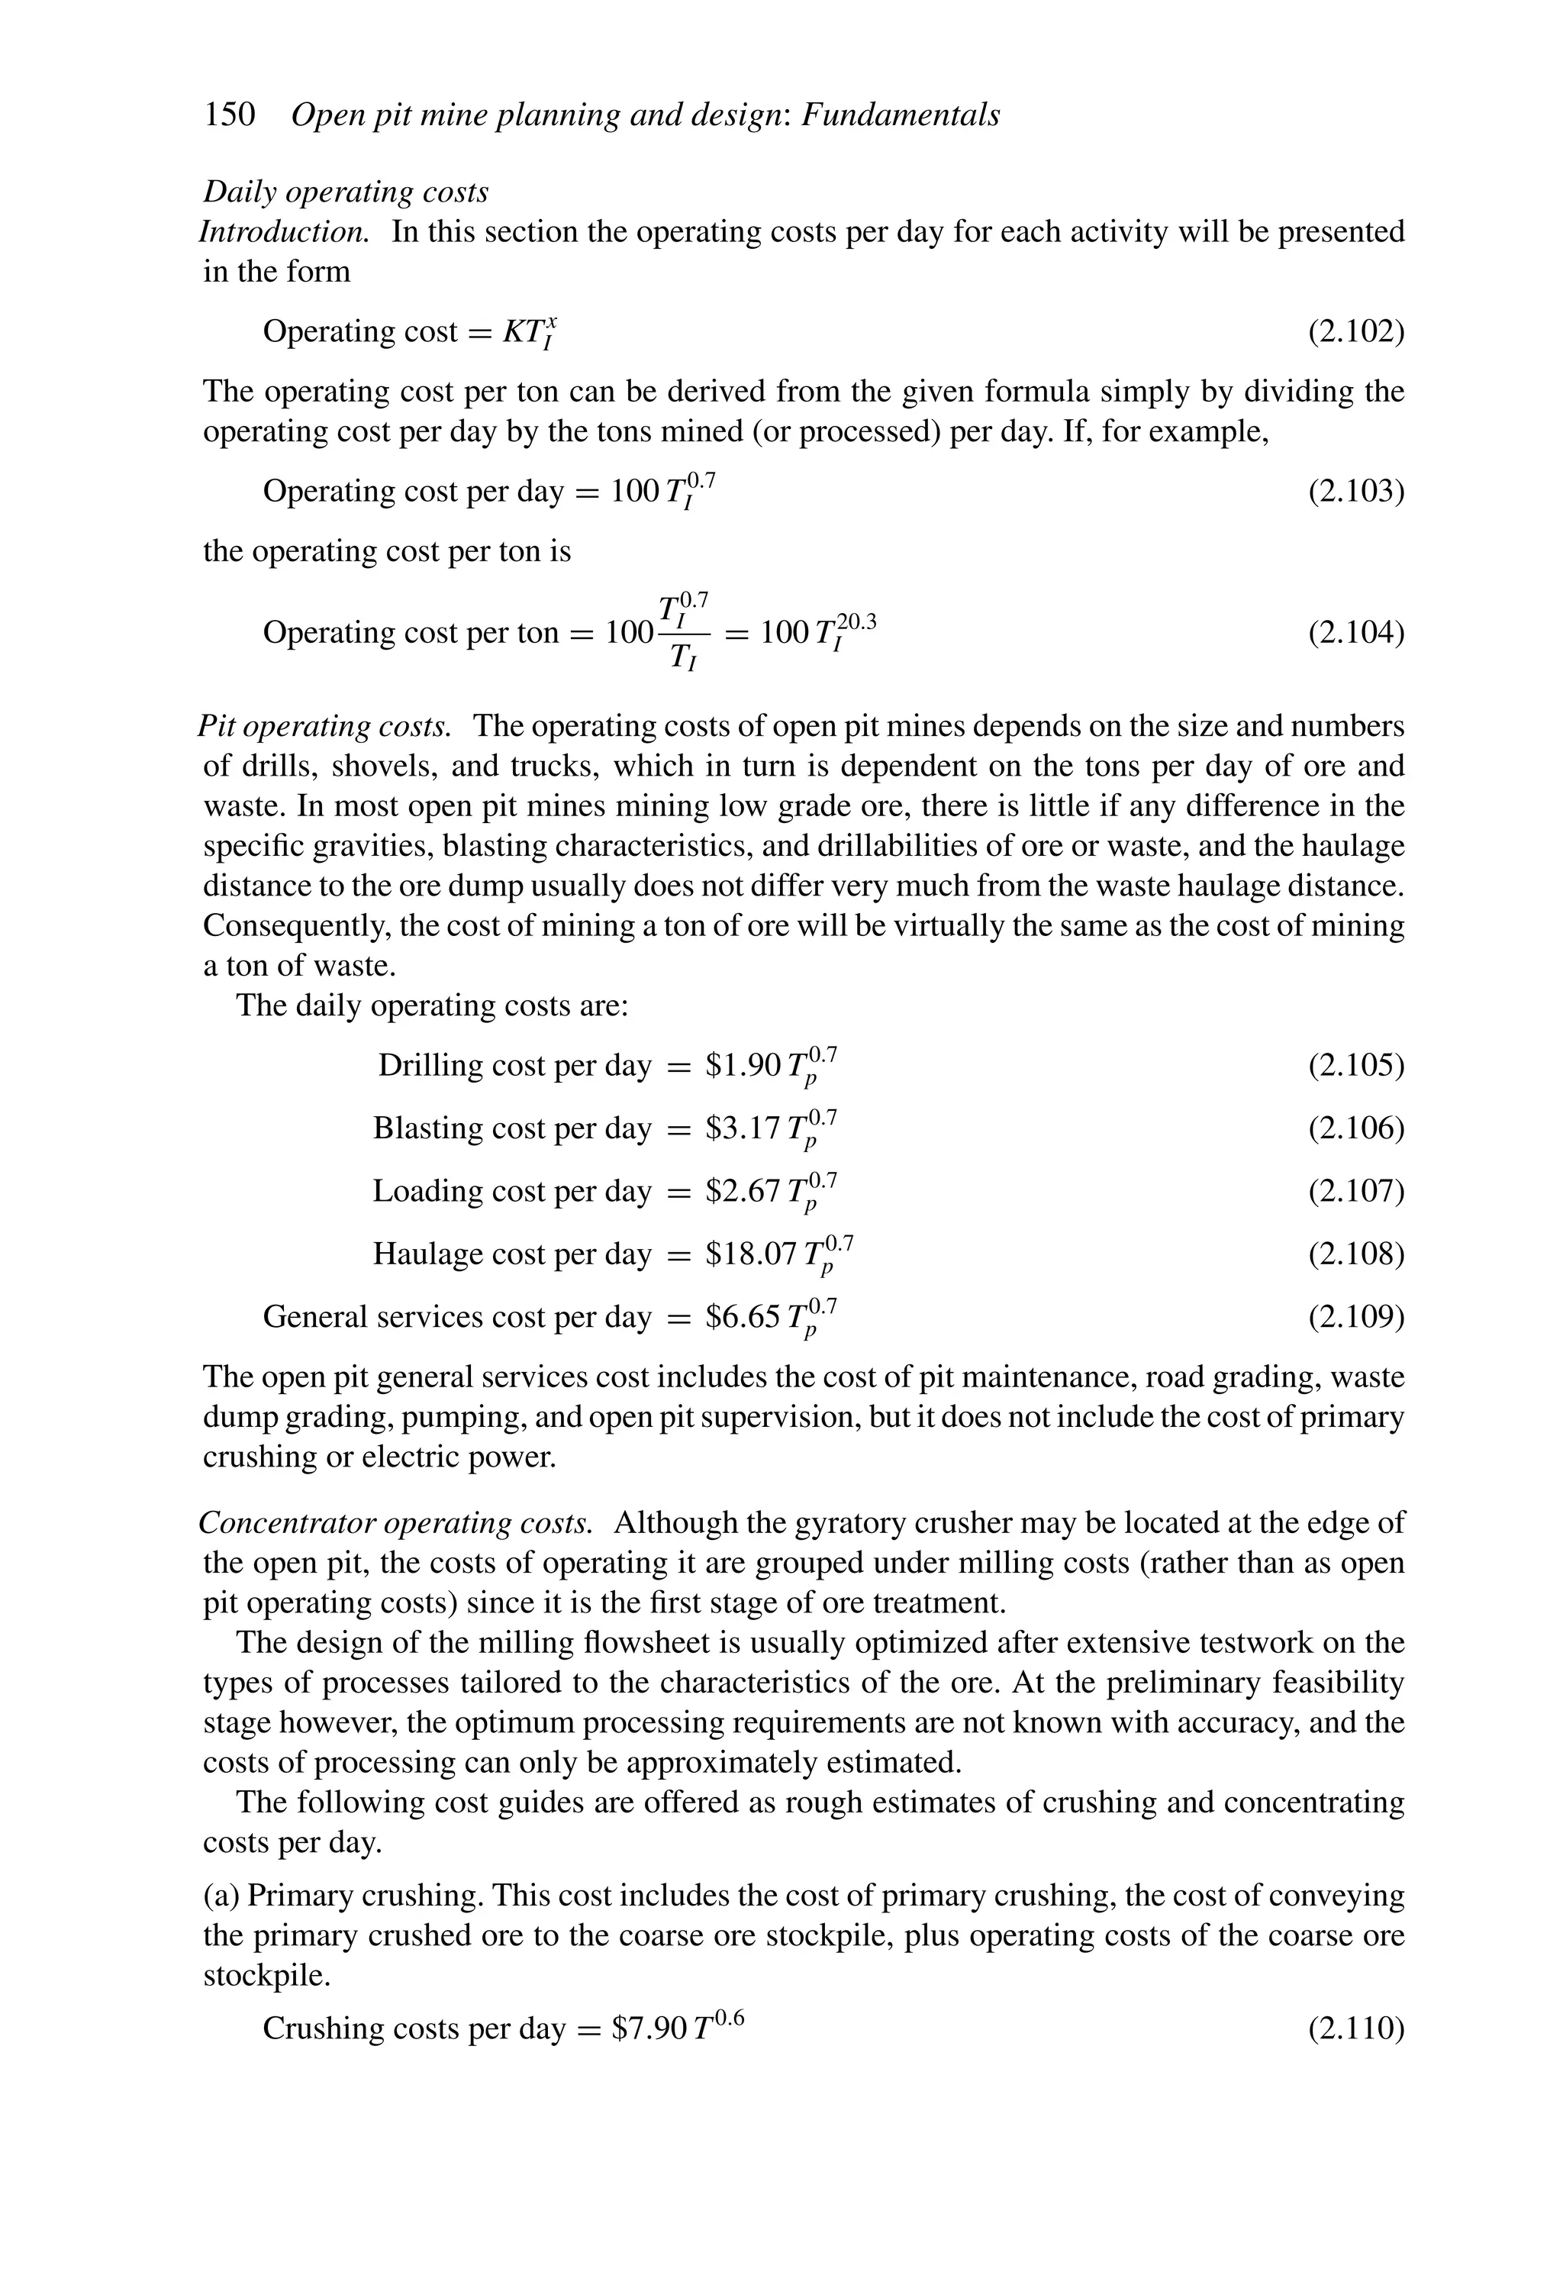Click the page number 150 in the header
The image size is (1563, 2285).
pyautogui.click(x=229, y=115)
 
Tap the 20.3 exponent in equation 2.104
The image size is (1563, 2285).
pyautogui.click(x=856, y=621)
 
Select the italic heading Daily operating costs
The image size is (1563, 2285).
pyautogui.click(x=345, y=192)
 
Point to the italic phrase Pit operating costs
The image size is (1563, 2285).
pyautogui.click(x=324, y=727)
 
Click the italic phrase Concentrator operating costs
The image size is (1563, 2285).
pyautogui.click(x=395, y=1523)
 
